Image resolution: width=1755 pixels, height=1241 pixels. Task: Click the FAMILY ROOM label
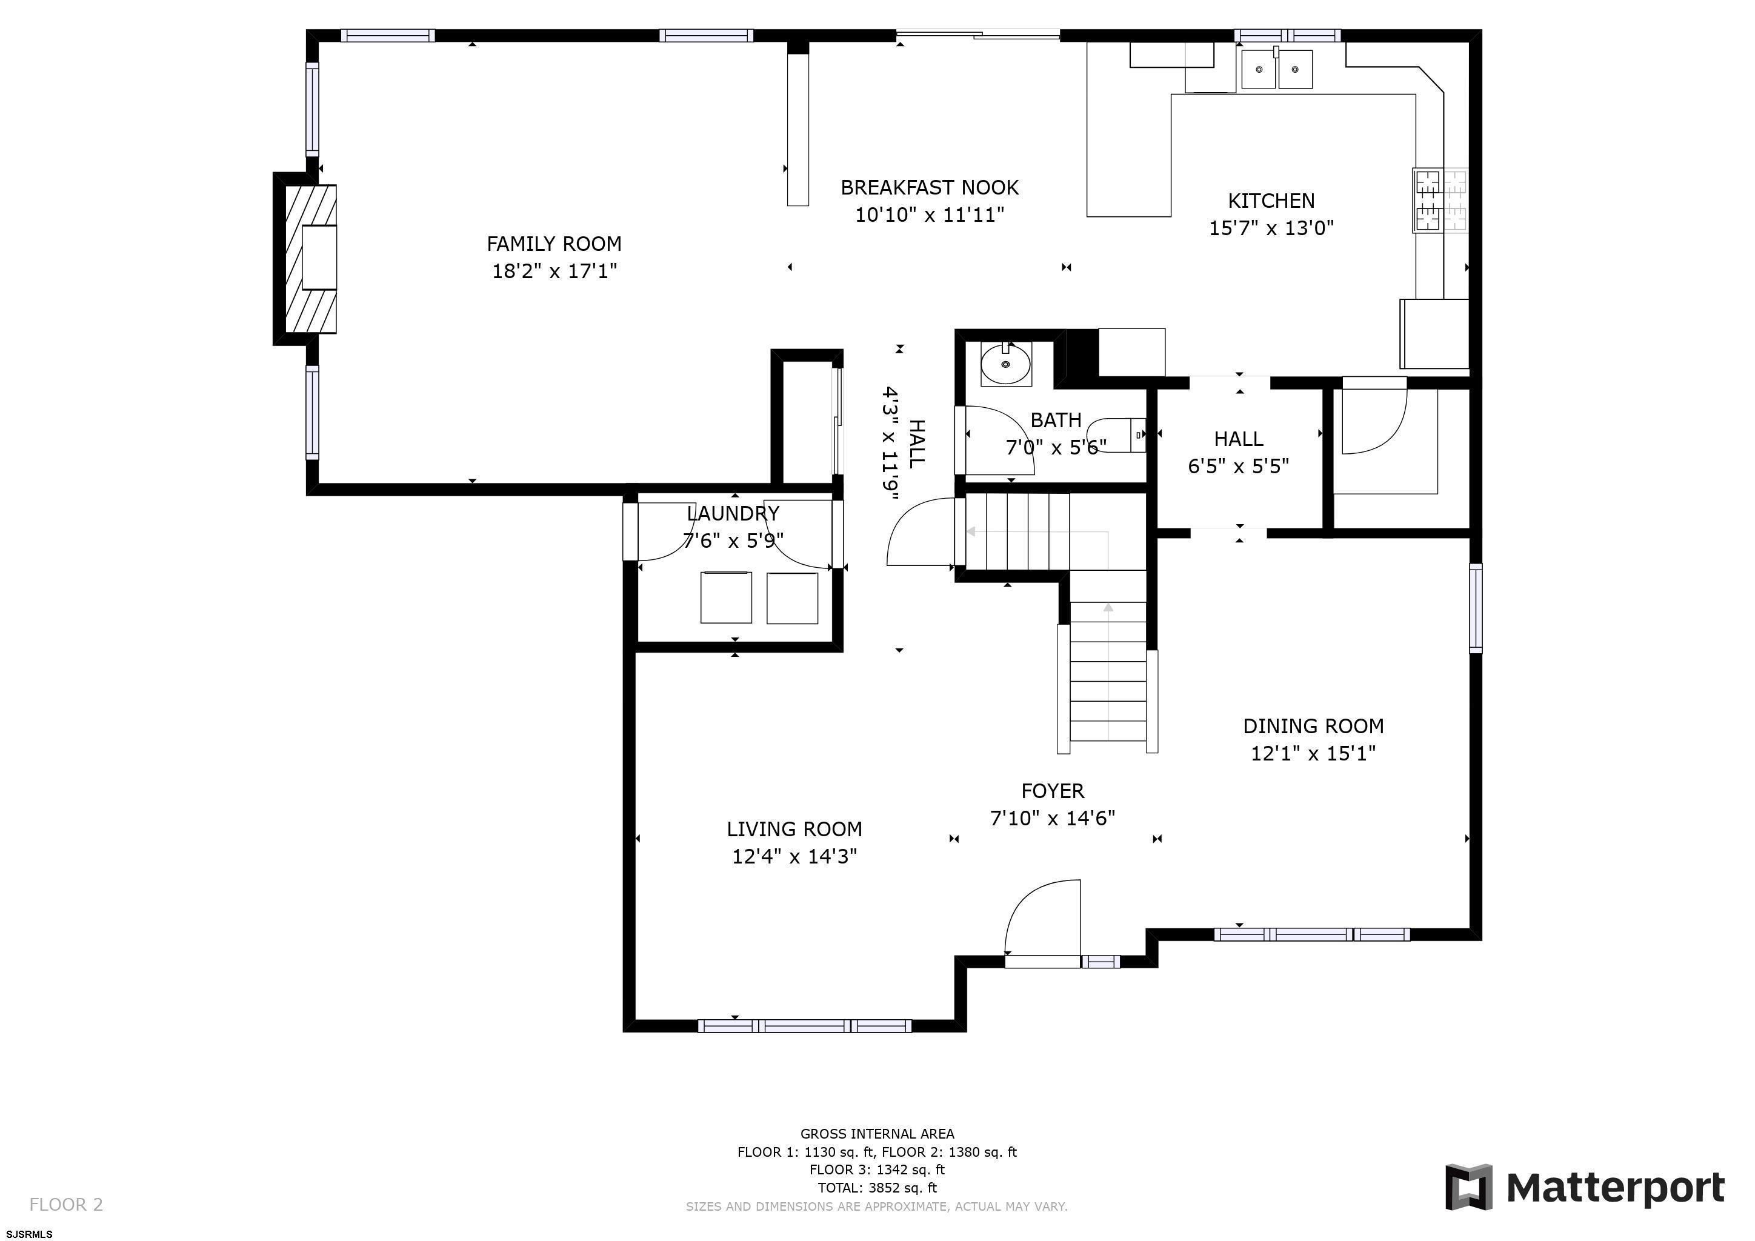pyautogui.click(x=554, y=244)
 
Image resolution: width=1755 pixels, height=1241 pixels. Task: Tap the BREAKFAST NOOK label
pyautogui.click(x=930, y=187)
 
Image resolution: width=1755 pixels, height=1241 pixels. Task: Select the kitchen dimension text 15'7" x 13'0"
pyautogui.click(x=1271, y=228)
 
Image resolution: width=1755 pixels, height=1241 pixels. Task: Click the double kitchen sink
pyautogui.click(x=1276, y=70)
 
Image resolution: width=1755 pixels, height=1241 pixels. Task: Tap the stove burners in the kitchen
pyautogui.click(x=1440, y=200)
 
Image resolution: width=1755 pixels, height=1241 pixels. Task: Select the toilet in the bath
pyautogui.click(x=1117, y=435)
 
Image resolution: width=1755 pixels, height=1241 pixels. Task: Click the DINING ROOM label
pyautogui.click(x=1313, y=726)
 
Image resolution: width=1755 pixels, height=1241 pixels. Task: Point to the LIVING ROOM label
pyautogui.click(x=794, y=829)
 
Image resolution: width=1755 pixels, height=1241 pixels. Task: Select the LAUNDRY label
pyautogui.click(x=733, y=513)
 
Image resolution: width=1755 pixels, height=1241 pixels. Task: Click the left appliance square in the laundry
pyautogui.click(x=726, y=597)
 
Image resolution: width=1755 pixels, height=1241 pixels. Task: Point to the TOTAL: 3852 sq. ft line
pyautogui.click(x=877, y=1188)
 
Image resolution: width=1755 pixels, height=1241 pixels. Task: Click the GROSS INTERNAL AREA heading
pyautogui.click(x=877, y=1134)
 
